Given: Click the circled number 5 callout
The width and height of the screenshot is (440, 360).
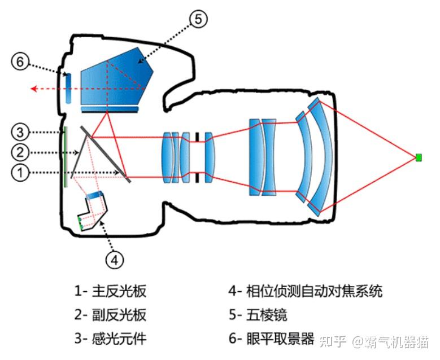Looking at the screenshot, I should (x=198, y=19).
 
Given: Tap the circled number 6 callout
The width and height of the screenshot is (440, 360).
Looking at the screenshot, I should (x=20, y=62).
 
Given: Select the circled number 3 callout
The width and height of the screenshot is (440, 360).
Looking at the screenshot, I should (x=20, y=133).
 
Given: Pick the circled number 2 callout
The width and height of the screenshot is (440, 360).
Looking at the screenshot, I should (x=20, y=152).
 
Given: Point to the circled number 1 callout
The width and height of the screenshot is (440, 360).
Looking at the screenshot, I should (x=20, y=173).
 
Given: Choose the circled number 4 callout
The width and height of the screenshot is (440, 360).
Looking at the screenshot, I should (x=114, y=259).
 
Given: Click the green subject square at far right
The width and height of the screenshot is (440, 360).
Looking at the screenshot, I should (x=419, y=157).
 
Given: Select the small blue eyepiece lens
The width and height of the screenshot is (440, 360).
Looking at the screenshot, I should (x=68, y=89).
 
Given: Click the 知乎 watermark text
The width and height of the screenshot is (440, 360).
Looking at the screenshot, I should (x=333, y=341).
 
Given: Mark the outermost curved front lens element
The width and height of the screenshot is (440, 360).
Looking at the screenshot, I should (x=322, y=157).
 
